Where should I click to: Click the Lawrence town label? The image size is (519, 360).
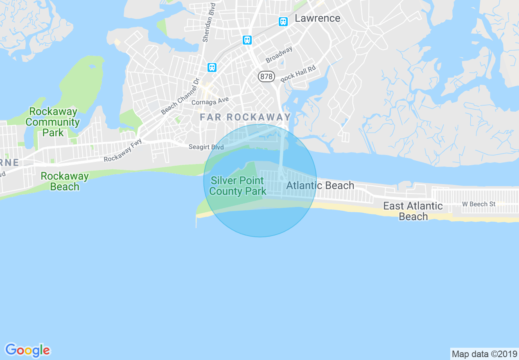click(x=317, y=18)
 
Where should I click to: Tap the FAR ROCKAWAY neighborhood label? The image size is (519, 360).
click(x=245, y=117)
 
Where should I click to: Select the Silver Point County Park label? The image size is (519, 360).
click(x=237, y=186)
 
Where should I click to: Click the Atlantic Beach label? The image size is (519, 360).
click(x=320, y=185)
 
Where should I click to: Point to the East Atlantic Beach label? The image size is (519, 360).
click(x=413, y=211)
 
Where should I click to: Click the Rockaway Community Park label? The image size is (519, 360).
click(x=53, y=122)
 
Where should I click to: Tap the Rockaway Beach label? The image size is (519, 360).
click(x=65, y=181)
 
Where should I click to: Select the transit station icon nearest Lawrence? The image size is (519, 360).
click(x=283, y=22)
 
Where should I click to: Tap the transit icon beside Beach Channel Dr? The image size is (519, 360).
click(x=212, y=67)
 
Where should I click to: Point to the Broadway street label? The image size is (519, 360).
click(x=279, y=55)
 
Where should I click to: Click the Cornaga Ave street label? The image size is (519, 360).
click(x=210, y=100)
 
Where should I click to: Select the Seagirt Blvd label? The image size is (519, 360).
click(x=206, y=147)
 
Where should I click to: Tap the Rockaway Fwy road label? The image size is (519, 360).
click(x=123, y=150)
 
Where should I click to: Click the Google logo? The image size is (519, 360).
click(x=27, y=350)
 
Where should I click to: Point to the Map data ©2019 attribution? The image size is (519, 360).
click(x=483, y=354)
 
